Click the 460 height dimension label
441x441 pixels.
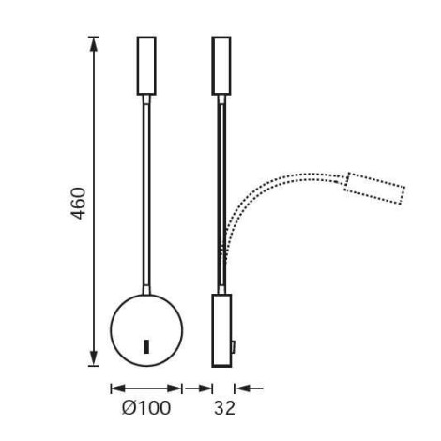tap(78, 204)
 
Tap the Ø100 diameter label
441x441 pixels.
tap(146, 408)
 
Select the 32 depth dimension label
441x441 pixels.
tap(224, 408)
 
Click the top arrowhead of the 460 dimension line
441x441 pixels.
tap(94, 43)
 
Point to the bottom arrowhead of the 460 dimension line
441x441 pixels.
tap(94, 359)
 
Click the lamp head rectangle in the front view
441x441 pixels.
tap(146, 66)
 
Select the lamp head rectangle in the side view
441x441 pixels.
tap(221, 66)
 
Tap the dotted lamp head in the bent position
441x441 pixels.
tap(374, 189)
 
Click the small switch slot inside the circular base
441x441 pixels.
tap(146, 346)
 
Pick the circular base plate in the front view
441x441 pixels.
tap(146, 330)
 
